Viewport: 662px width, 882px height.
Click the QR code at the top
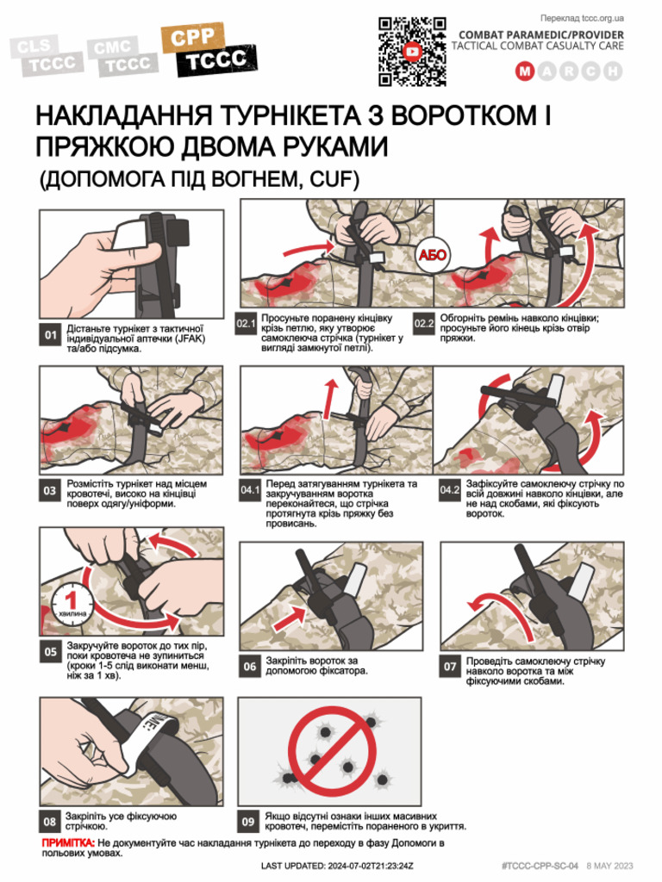click(x=414, y=52)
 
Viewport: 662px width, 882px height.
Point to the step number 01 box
click(x=51, y=335)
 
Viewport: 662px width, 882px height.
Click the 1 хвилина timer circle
click(x=73, y=599)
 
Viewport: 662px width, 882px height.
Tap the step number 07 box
click(x=450, y=666)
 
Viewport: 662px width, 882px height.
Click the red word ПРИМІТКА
click(x=68, y=841)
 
